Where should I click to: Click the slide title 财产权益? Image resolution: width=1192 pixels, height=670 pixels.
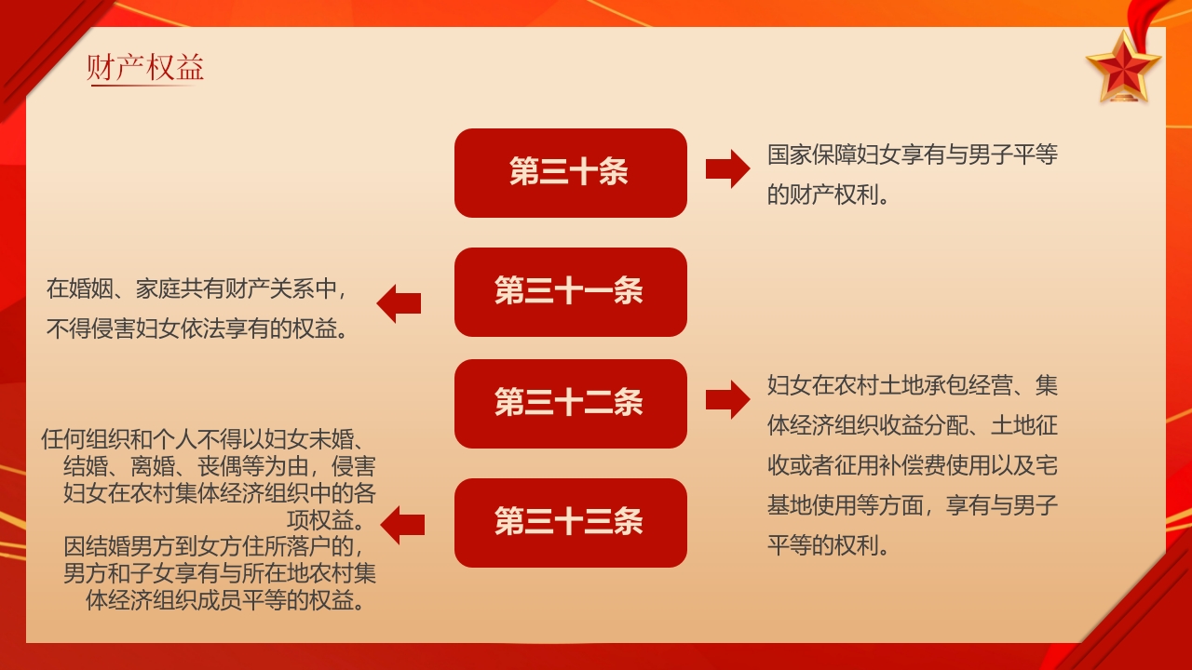(145, 68)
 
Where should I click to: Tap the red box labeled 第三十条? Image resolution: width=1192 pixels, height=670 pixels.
(570, 173)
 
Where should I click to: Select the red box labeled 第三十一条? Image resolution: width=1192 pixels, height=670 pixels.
(570, 292)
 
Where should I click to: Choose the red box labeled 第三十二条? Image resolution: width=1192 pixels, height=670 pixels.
(570, 404)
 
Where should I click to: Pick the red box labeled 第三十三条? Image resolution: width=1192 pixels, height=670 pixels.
(570, 523)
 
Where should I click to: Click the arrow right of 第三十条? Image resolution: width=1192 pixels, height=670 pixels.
(726, 168)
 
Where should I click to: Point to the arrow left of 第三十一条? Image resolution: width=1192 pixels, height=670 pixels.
(399, 303)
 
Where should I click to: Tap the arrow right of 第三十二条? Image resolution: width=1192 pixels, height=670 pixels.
(726, 399)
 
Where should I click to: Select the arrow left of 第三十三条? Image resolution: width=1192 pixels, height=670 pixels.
(402, 525)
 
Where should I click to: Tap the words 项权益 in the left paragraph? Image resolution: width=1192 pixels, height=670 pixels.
(325, 518)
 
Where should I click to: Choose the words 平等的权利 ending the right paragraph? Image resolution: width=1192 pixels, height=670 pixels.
(822, 544)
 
